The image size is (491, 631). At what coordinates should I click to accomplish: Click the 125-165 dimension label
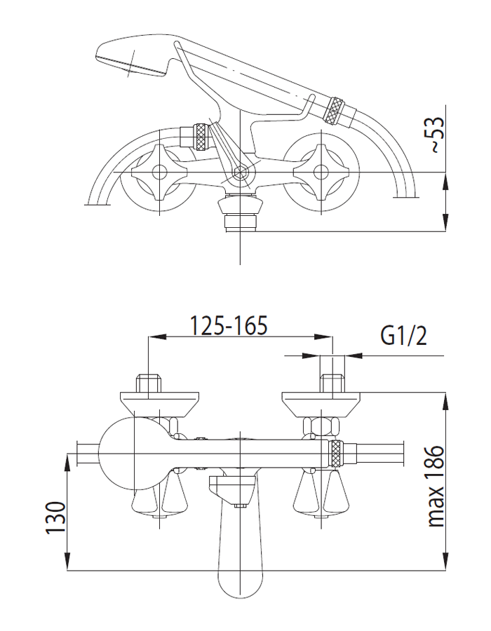228,325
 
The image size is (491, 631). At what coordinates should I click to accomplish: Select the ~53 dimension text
436,135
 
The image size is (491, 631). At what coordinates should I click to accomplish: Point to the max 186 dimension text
436,486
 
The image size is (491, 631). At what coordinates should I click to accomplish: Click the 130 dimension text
55,517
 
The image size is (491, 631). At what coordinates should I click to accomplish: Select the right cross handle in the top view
321,172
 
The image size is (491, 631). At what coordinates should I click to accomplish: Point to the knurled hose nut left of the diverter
201,137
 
